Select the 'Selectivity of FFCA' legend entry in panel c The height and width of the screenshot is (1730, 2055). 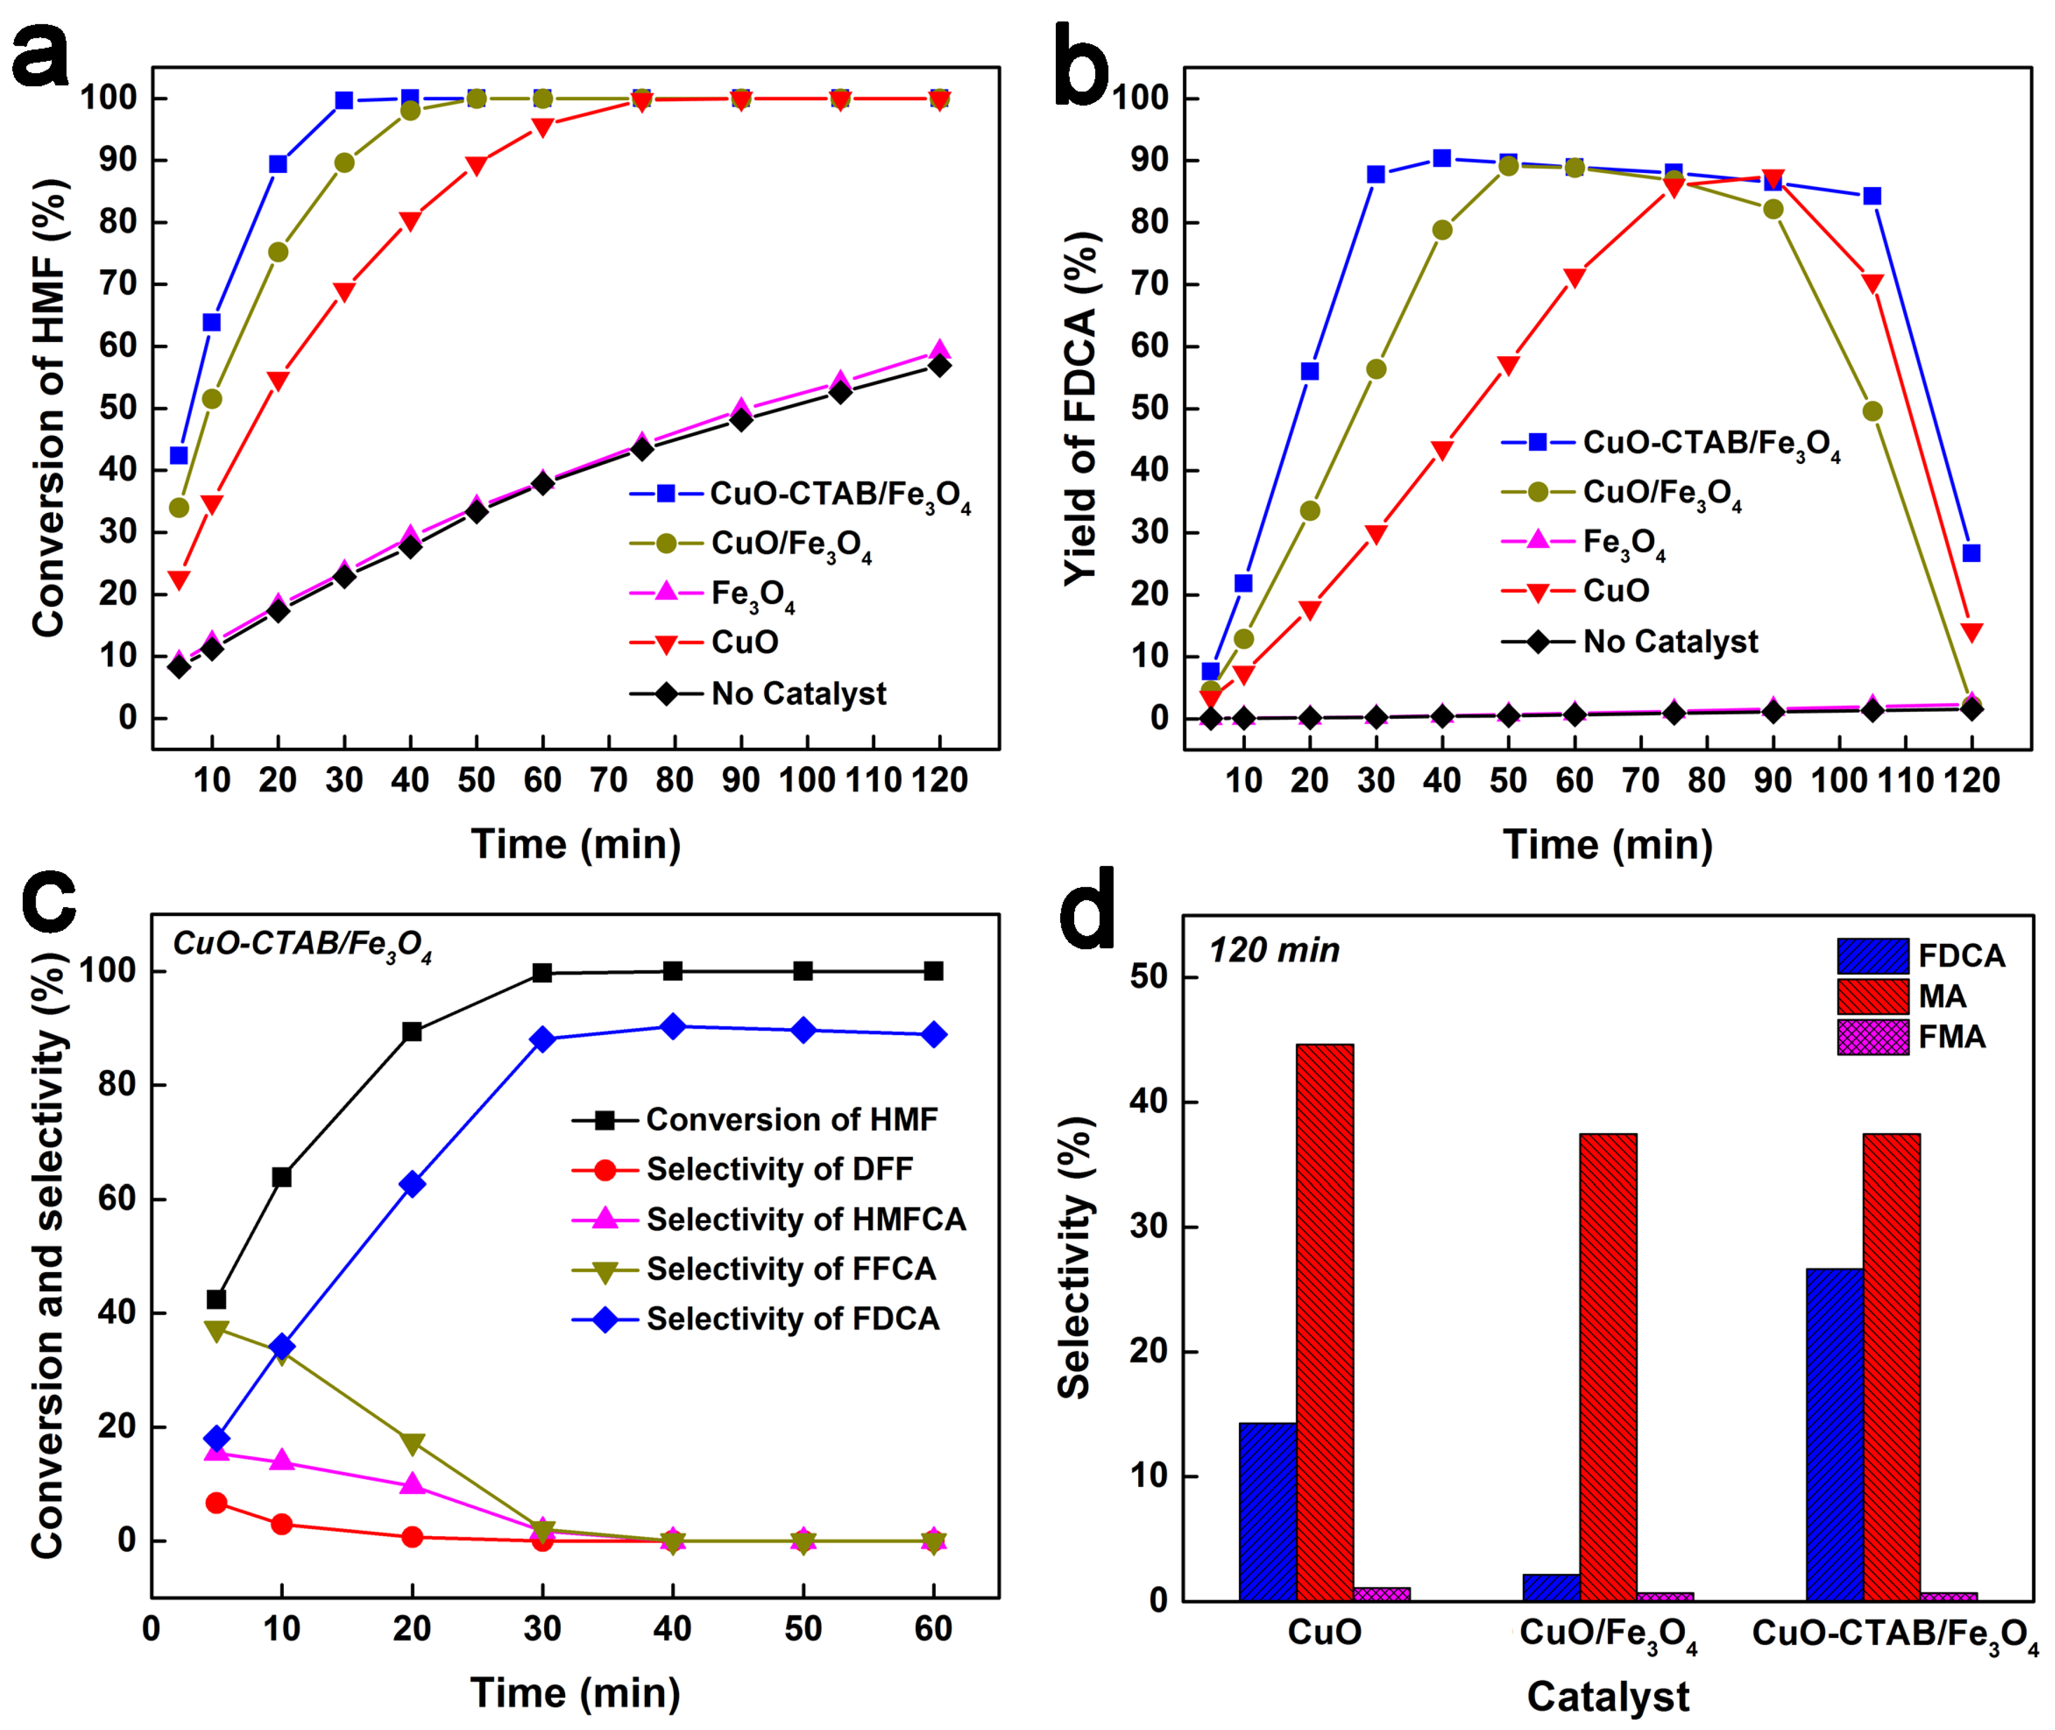[x=790, y=1269]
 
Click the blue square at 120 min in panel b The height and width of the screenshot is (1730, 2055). [x=1970, y=553]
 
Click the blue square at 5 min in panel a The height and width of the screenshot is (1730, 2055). [x=178, y=456]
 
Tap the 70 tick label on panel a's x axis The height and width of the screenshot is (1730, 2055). [x=608, y=781]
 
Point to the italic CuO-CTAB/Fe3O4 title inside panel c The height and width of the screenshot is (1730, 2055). [x=302, y=944]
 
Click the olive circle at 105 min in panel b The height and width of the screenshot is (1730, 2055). [x=1872, y=411]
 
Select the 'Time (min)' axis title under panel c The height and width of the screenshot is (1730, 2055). [x=575, y=1693]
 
